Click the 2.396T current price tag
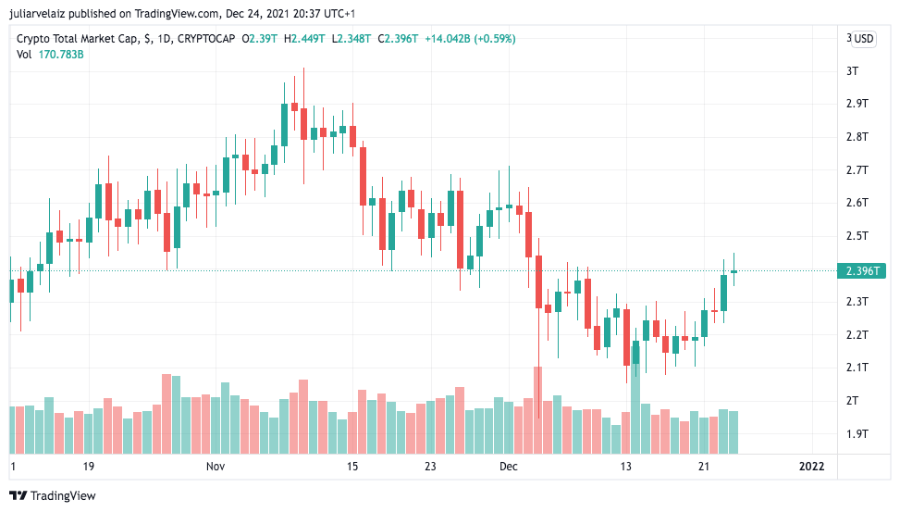click(861, 271)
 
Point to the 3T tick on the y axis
click(853, 71)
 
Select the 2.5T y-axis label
click(857, 236)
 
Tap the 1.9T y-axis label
click(857, 433)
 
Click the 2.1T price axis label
click(857, 368)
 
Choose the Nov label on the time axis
click(216, 467)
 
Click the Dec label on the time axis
click(510, 467)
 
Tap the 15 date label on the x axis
click(352, 467)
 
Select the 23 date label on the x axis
click(430, 467)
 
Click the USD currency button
click(863, 39)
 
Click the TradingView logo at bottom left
click(53, 495)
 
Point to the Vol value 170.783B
click(61, 55)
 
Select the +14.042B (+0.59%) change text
click(470, 39)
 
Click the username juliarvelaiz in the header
click(41, 14)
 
